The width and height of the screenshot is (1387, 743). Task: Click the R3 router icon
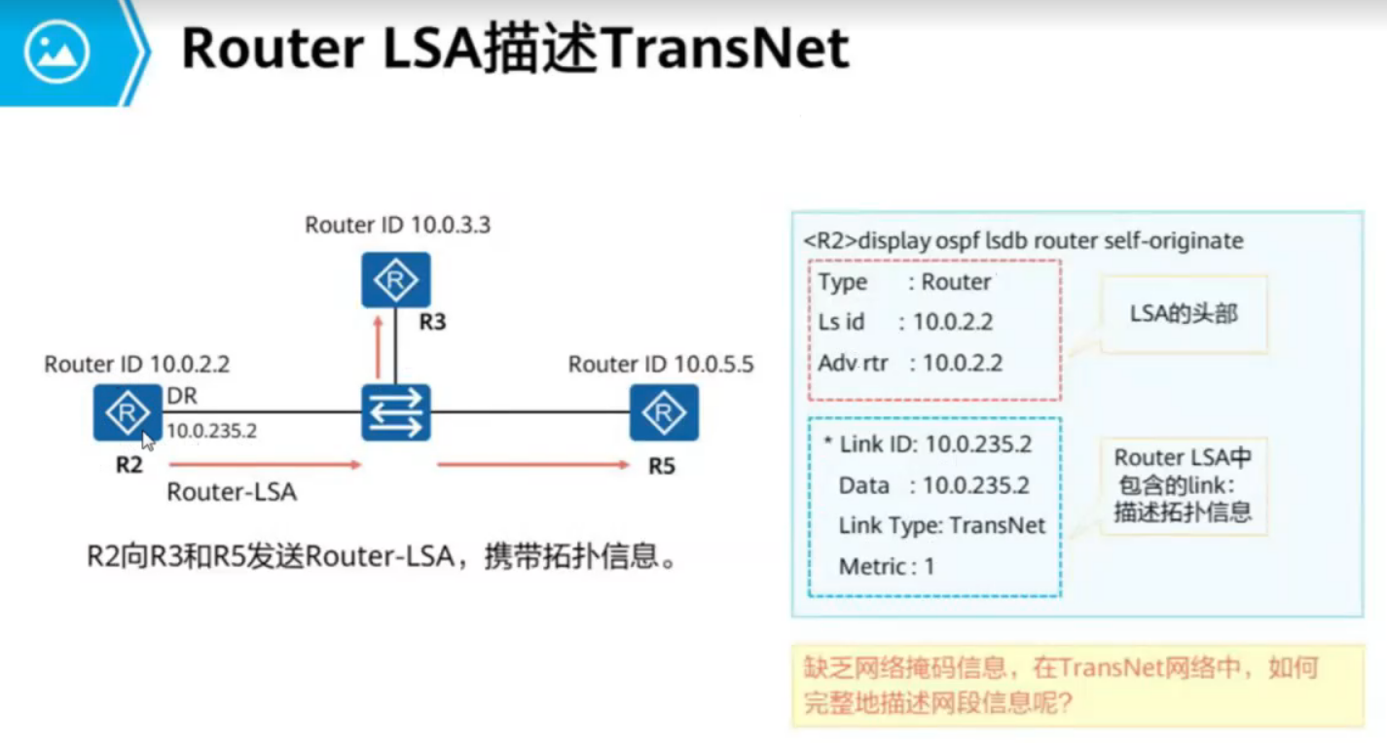pyautogui.click(x=395, y=280)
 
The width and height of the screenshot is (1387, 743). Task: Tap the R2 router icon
pyautogui.click(x=128, y=412)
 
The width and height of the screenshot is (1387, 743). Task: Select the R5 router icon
pyautogui.click(x=663, y=412)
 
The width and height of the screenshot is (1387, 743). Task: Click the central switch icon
pyautogui.click(x=395, y=412)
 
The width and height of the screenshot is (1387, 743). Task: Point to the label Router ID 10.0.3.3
pyautogui.click(x=397, y=226)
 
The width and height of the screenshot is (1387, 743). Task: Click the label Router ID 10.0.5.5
pyautogui.click(x=661, y=365)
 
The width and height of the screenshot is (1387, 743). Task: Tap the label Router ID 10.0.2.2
pyautogui.click(x=137, y=365)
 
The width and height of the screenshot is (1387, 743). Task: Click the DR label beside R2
pyautogui.click(x=182, y=396)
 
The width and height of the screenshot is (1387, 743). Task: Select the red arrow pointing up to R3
pyautogui.click(x=377, y=347)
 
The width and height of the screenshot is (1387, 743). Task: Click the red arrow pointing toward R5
pyautogui.click(x=533, y=465)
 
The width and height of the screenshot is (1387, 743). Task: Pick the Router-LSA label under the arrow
pyautogui.click(x=232, y=492)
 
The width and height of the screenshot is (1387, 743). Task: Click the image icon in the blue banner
pyautogui.click(x=57, y=51)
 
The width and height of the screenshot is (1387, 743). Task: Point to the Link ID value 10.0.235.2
pyautogui.click(x=978, y=444)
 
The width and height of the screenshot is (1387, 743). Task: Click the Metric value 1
pyautogui.click(x=930, y=566)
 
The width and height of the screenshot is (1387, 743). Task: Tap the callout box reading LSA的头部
pyautogui.click(x=1184, y=314)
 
